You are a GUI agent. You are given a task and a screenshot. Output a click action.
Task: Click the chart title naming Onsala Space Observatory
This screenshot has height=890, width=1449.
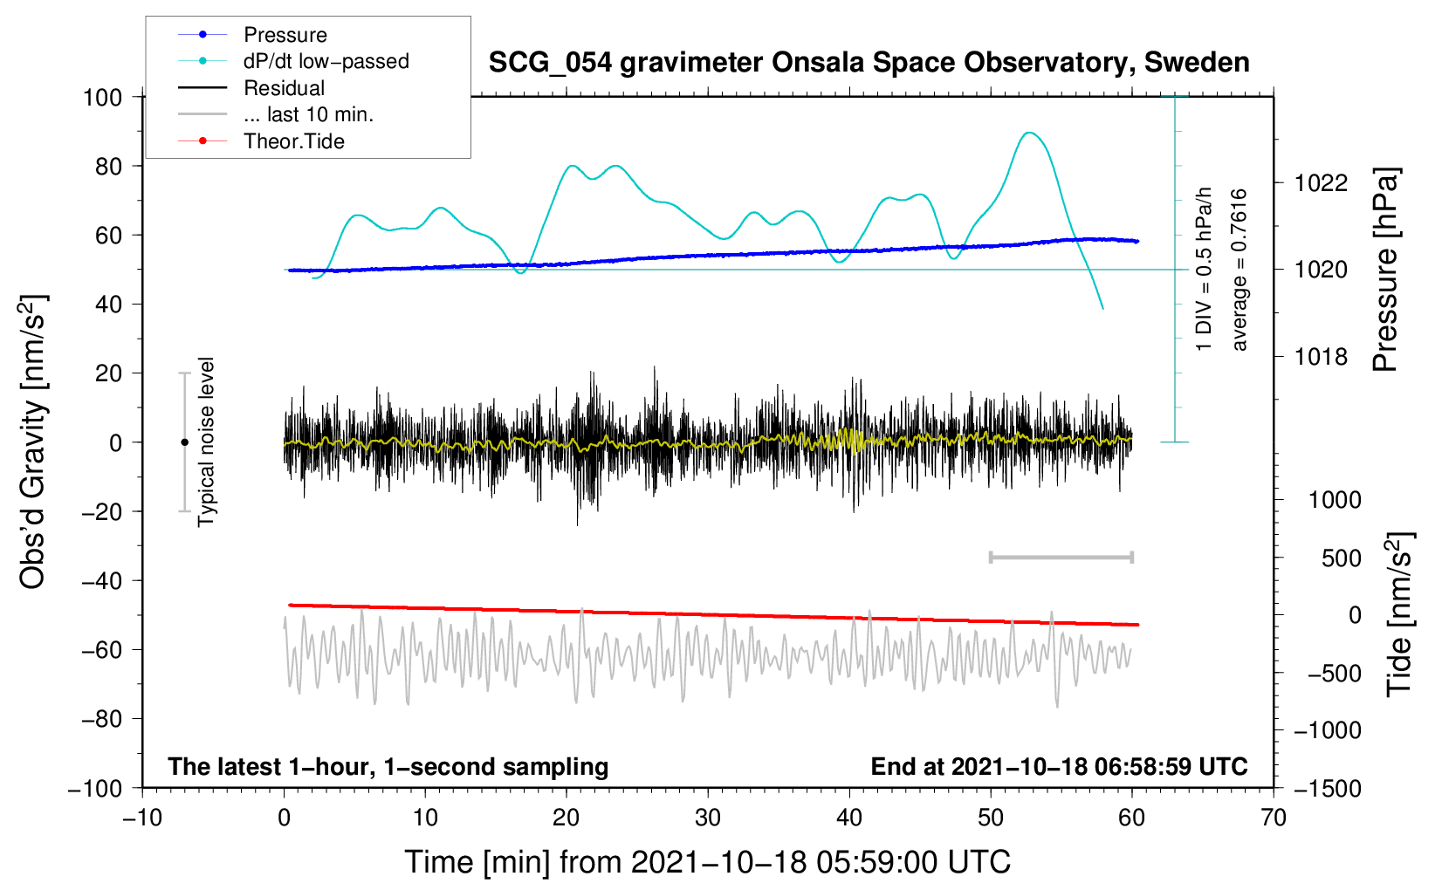pos(869,63)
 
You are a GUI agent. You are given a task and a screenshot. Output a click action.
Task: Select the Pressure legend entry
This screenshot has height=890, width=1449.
pos(285,35)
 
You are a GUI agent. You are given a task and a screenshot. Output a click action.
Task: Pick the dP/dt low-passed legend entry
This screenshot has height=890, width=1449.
pos(326,61)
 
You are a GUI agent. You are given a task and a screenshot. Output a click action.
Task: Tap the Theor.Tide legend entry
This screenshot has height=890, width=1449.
pos(293,141)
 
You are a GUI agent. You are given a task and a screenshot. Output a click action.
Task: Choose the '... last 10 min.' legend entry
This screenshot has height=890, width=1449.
pos(308,114)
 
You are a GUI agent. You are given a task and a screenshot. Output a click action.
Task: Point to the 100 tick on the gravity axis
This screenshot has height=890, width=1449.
pos(102,97)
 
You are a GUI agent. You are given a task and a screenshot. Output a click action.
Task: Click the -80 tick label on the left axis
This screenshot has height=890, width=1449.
pos(101,719)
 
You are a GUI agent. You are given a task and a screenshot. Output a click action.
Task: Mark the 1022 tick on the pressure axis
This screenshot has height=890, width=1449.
pos(1321,183)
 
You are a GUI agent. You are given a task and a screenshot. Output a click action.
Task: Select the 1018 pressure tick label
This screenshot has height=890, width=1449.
pos(1321,357)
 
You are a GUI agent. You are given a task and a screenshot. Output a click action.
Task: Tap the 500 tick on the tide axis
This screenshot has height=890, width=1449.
pos(1341,558)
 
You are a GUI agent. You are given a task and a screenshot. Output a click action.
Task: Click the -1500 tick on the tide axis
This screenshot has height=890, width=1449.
pos(1328,789)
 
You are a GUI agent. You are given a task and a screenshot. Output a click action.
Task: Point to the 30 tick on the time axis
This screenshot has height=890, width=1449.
pos(708,818)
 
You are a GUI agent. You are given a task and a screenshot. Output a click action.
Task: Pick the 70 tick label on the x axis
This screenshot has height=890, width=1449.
pos(1274,818)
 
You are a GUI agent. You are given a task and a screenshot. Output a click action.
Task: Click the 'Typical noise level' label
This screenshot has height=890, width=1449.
pos(206,442)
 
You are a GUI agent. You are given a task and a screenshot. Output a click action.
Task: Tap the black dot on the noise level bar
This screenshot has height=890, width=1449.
pos(184,442)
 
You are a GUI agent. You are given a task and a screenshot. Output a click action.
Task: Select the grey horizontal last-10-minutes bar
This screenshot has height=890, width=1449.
pos(1061,557)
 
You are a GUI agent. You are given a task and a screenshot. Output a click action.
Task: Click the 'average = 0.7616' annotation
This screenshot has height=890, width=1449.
pos(1240,270)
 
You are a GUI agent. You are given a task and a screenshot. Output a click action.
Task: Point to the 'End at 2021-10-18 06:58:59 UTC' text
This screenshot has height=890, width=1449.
pos(1059,766)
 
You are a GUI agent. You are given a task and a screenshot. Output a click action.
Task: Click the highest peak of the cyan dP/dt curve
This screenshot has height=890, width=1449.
pos(1031,133)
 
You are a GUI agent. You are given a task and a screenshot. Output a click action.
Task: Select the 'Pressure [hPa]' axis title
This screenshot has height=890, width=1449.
pos(1386,270)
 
